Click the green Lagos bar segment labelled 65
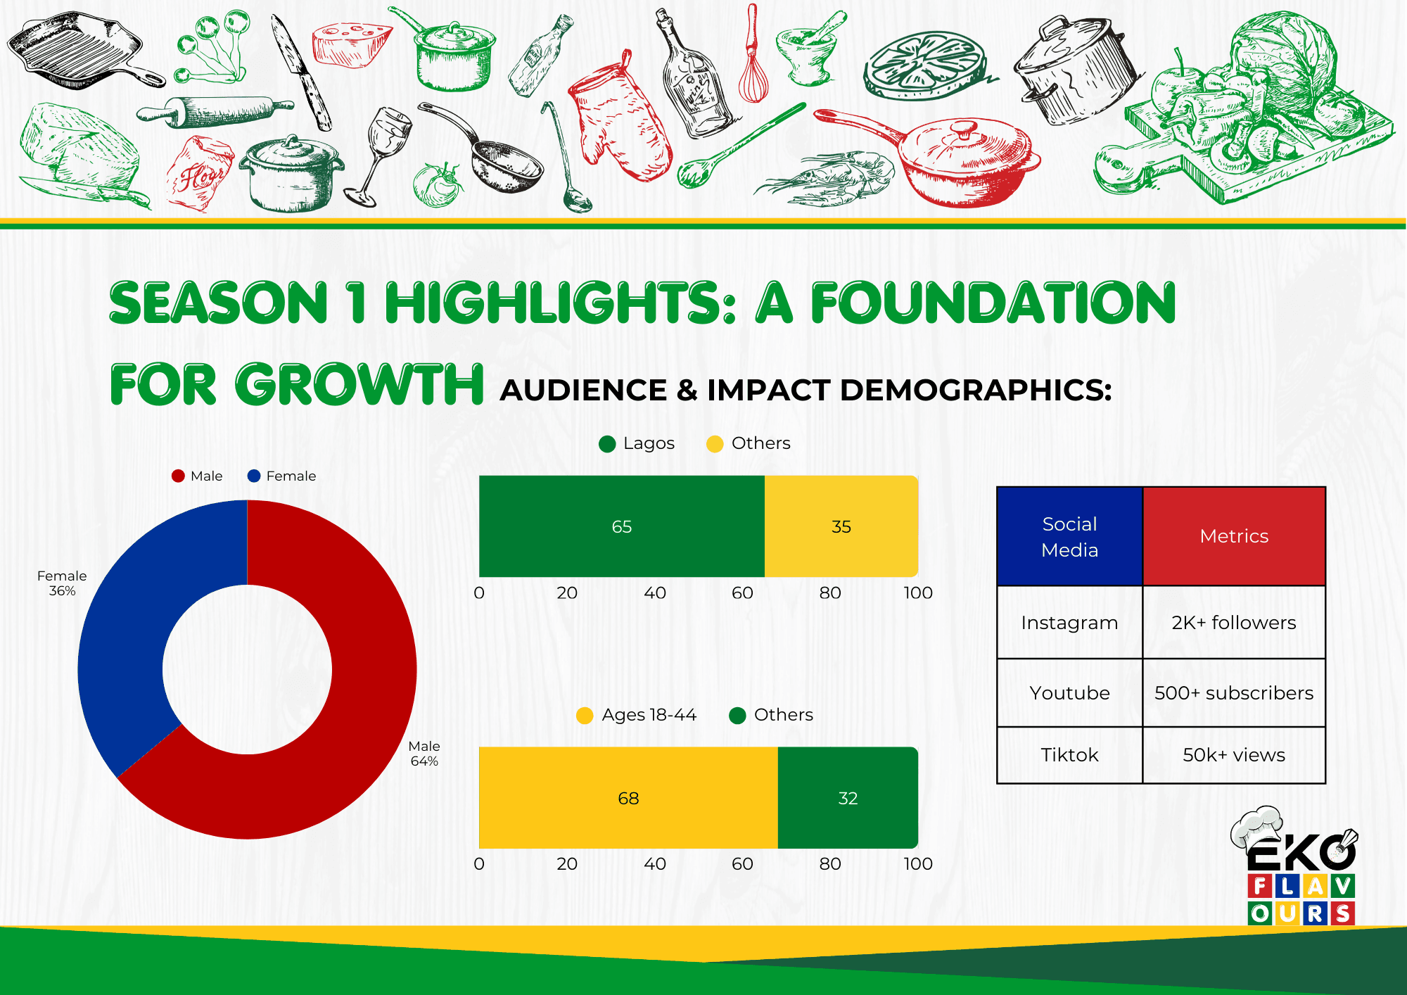[621, 526]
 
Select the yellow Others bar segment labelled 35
[841, 526]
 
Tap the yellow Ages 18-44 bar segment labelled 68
[628, 798]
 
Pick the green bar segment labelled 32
[848, 798]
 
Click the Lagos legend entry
[637, 443]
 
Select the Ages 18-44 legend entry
[636, 715]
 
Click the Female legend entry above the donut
[281, 476]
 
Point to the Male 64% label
[424, 753]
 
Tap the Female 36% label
[62, 583]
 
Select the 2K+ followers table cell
[1234, 622]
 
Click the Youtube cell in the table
[1069, 692]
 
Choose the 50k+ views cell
[1234, 754]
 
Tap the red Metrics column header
[1234, 536]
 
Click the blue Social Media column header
[1069, 536]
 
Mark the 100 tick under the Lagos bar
[918, 592]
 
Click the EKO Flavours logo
[1295, 866]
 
